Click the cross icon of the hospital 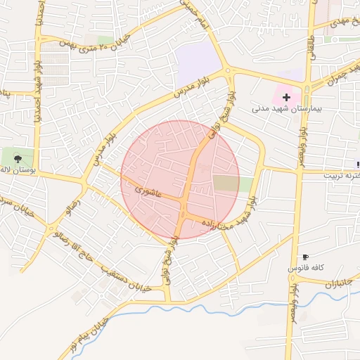point(286,96)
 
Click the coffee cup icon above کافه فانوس point(305,257)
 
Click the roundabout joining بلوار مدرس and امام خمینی point(227,71)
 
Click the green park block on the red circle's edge point(233,184)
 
